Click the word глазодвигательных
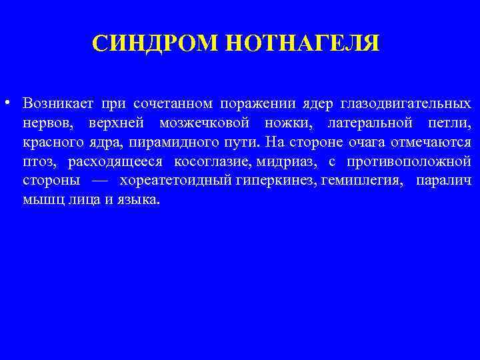[405, 104]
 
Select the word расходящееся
[115, 161]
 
